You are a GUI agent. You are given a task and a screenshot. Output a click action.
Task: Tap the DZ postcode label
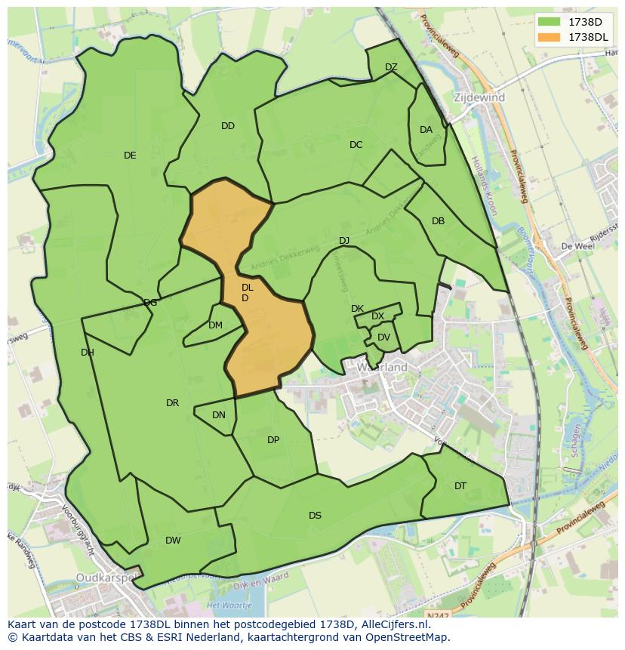coord(391,67)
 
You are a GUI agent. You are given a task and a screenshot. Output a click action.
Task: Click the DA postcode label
coord(426,130)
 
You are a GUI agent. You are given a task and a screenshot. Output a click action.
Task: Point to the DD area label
coord(228,126)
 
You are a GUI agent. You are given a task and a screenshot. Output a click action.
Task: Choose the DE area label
coord(130,156)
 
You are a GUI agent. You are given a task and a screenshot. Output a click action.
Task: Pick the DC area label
coord(356,145)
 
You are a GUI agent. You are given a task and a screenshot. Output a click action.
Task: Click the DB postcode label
coord(438,221)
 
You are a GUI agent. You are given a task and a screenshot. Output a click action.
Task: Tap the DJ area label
coord(344,241)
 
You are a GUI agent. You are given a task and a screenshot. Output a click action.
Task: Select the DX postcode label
coord(377,316)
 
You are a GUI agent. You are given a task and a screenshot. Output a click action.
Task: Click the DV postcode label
coord(383,337)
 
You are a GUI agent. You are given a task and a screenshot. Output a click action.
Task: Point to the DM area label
coord(215,325)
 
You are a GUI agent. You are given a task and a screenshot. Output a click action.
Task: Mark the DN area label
coord(219,415)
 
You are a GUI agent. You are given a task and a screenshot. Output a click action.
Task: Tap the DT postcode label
coord(460,486)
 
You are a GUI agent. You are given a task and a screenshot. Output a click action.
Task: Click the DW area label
coord(173,541)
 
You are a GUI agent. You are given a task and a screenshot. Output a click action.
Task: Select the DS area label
coord(315,516)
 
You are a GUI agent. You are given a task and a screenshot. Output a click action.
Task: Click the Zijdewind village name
coord(479,97)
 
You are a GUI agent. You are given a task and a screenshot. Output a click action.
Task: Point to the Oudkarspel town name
coord(106,578)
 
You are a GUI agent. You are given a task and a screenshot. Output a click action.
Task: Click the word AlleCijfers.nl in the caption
coord(392,624)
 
